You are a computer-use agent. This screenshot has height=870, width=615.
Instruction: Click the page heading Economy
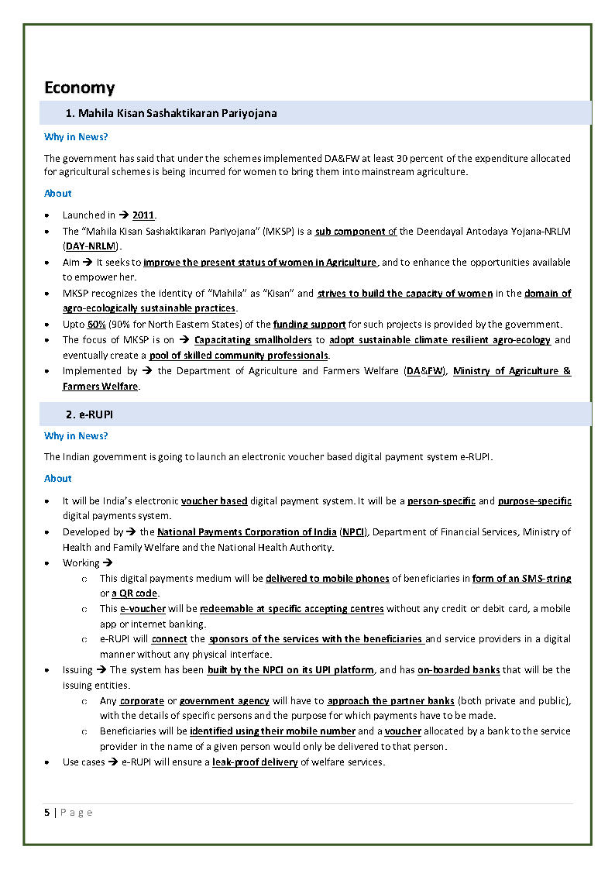click(x=79, y=87)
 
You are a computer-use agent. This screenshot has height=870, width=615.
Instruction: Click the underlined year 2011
click(x=144, y=215)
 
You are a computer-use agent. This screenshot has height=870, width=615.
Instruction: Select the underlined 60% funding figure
click(x=96, y=324)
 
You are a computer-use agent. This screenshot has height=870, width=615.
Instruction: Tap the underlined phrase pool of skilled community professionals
click(x=239, y=355)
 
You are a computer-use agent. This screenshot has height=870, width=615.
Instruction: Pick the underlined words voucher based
click(x=214, y=500)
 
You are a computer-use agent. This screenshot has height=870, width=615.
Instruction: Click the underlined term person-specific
click(x=441, y=500)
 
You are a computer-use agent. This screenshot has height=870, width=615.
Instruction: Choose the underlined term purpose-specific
click(x=534, y=500)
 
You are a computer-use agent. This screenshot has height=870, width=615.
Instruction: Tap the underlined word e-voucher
click(x=143, y=609)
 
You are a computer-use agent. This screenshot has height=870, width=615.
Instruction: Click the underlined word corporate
click(x=142, y=700)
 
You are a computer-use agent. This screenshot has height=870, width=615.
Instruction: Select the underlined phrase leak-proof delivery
click(x=255, y=762)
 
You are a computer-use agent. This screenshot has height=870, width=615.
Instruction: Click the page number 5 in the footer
click(x=47, y=812)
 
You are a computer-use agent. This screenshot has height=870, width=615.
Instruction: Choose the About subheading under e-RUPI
click(x=58, y=478)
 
